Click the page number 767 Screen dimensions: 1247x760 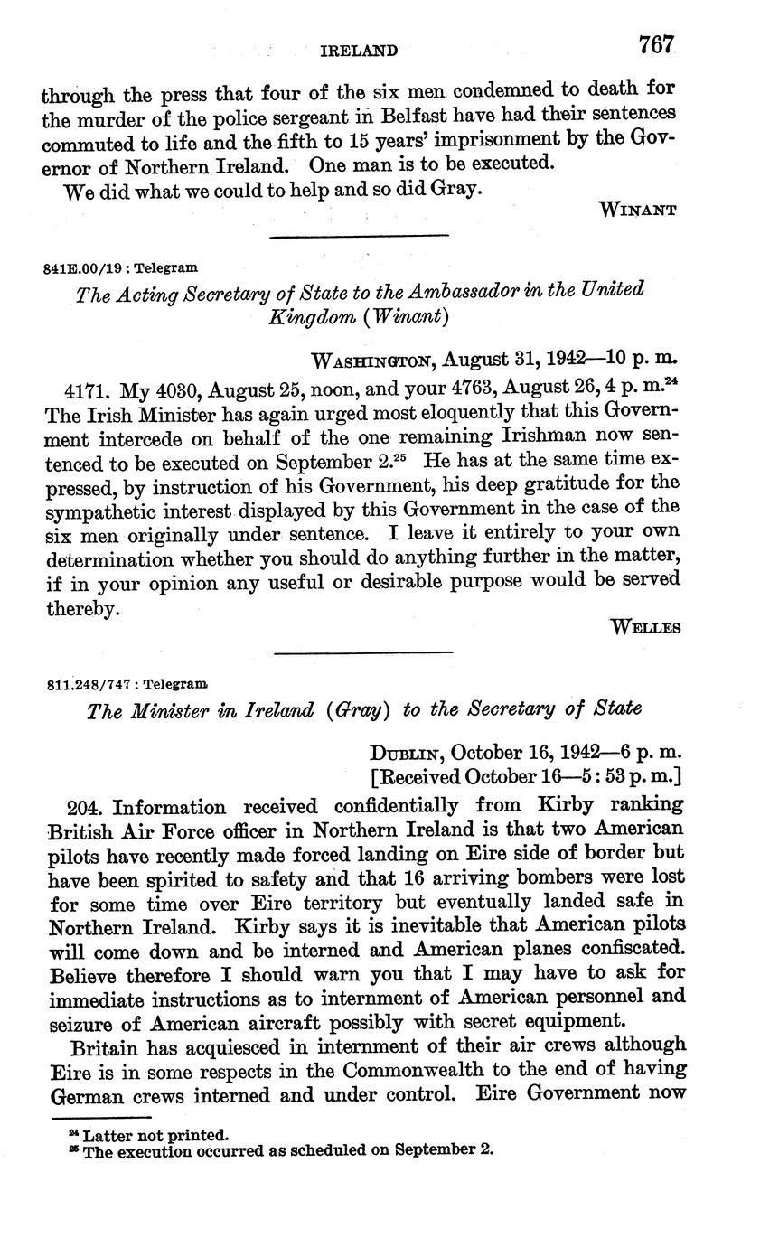click(x=657, y=45)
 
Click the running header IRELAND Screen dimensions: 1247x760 click(x=359, y=52)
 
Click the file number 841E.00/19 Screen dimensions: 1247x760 click(x=87, y=268)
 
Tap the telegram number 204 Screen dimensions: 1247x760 click(x=85, y=807)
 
